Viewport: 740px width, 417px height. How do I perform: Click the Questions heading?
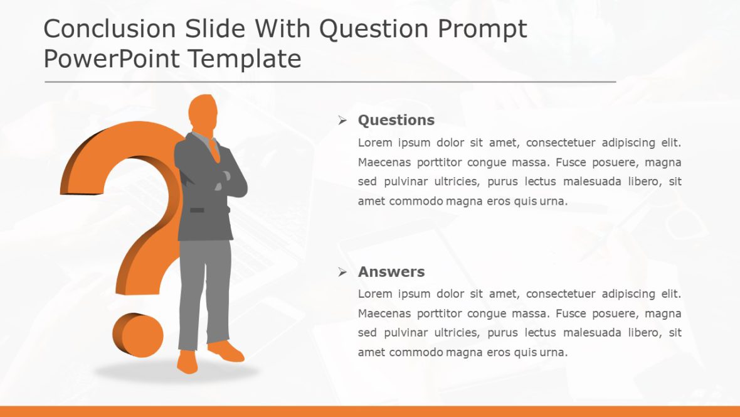tap(396, 120)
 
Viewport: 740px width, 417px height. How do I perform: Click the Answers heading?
tap(391, 272)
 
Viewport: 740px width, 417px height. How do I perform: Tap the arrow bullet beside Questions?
tap(342, 120)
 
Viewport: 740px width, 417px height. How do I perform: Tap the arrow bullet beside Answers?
tap(342, 272)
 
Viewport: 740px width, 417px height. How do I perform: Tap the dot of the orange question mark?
tap(138, 334)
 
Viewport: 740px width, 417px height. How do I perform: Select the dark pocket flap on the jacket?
tap(197, 210)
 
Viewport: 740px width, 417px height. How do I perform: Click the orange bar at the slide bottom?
tap(370, 411)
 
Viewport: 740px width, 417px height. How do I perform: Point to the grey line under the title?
tap(330, 82)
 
